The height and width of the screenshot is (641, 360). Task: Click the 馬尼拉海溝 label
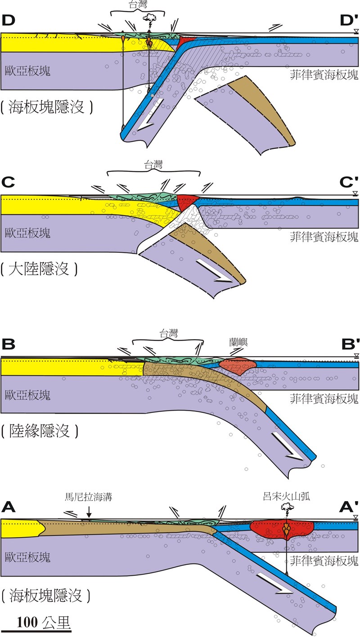(x=88, y=498)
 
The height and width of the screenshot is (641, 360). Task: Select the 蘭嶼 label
(x=238, y=343)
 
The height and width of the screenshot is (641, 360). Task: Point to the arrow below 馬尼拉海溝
(x=89, y=512)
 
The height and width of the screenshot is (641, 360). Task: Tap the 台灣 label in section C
(x=153, y=165)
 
